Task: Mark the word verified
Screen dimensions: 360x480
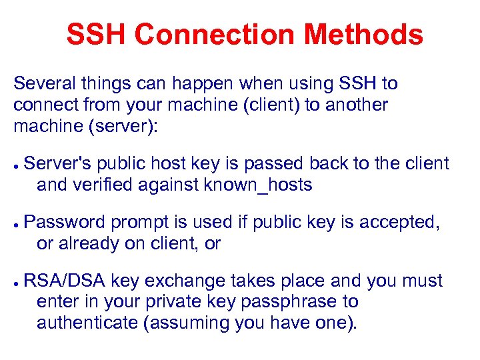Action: (103, 185)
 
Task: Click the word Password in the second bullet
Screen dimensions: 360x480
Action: (65, 222)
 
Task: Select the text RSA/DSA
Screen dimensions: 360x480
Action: (65, 281)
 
